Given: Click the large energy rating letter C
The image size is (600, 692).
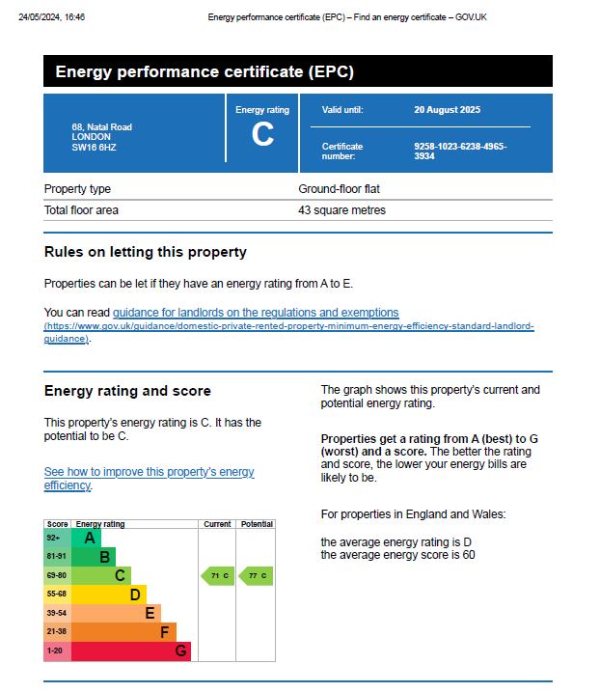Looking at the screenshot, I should (x=262, y=136).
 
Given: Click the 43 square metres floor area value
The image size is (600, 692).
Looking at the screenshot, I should (x=341, y=210).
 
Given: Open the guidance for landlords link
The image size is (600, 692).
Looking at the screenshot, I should (x=256, y=313).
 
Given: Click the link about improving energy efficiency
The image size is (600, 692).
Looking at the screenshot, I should (x=150, y=479).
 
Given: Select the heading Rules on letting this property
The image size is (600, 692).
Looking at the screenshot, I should (x=146, y=252).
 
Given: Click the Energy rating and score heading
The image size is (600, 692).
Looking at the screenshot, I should (x=127, y=391).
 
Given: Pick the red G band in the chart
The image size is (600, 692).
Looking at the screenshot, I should (x=130, y=651).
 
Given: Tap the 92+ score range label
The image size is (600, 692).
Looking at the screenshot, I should (x=54, y=538).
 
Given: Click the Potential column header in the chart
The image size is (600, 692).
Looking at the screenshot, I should (x=257, y=524).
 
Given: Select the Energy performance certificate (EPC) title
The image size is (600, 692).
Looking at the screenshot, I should (x=205, y=71).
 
